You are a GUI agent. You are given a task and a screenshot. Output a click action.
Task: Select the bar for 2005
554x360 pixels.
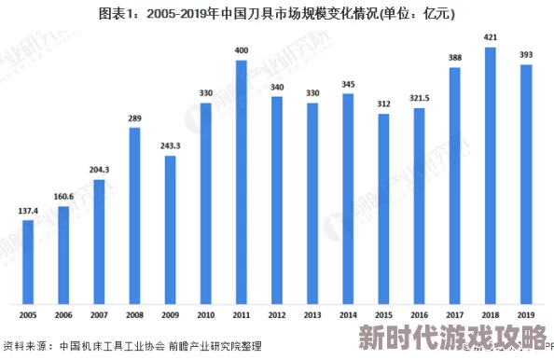click(x=28, y=262)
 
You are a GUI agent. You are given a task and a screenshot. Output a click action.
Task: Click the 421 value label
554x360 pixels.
click(x=491, y=38)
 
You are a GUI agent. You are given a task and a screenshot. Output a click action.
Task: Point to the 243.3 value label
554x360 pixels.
click(x=171, y=146)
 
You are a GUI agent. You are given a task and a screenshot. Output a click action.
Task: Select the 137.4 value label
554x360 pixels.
click(x=28, y=211)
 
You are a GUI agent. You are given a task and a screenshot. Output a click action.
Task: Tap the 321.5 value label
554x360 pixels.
click(x=419, y=98)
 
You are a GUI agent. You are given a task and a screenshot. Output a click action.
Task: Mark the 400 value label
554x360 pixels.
click(x=242, y=50)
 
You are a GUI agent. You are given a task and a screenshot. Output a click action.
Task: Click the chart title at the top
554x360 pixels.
click(x=277, y=14)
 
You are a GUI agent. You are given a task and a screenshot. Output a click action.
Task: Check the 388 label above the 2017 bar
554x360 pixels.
click(x=455, y=58)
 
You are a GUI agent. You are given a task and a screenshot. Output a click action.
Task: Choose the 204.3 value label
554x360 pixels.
click(x=99, y=170)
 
